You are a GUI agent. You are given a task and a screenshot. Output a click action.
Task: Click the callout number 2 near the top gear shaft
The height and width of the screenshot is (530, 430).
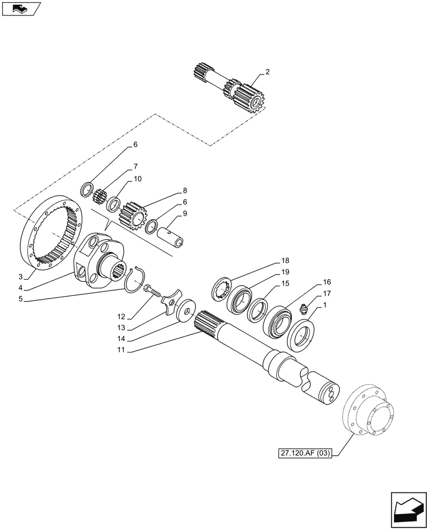click(x=268, y=72)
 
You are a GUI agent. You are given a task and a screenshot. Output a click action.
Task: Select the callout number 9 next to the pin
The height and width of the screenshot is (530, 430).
click(x=185, y=214)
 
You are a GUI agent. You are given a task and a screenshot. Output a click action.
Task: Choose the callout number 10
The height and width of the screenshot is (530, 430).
click(x=138, y=179)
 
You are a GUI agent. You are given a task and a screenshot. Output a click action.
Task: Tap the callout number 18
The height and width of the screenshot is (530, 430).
click(x=285, y=261)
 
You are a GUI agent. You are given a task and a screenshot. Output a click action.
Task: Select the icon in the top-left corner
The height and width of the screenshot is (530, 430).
click(x=21, y=8)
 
